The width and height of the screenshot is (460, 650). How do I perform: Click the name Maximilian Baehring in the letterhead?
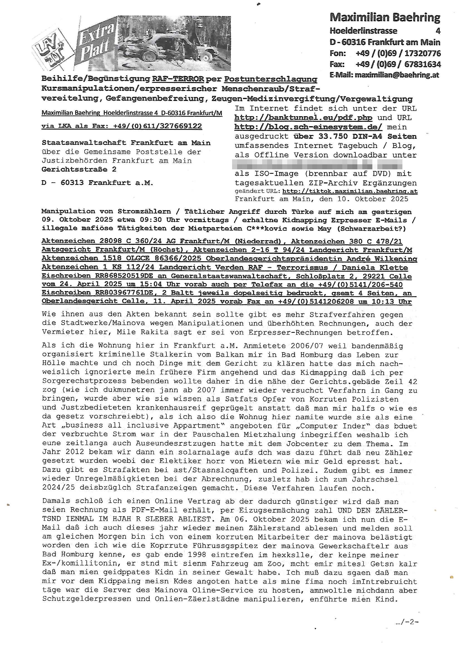coord(385,18)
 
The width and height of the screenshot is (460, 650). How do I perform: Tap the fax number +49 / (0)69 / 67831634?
coord(398,64)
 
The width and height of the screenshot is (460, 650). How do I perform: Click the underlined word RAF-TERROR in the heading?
coord(178,79)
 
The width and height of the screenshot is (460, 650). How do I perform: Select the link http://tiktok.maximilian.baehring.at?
coord(350,191)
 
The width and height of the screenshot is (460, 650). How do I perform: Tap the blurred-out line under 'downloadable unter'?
coord(317,164)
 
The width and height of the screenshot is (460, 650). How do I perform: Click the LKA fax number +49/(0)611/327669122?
coord(157,126)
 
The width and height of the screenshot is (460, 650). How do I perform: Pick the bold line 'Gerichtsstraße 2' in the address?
coord(79,170)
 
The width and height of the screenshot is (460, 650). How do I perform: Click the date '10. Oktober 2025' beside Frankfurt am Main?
coord(373,199)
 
